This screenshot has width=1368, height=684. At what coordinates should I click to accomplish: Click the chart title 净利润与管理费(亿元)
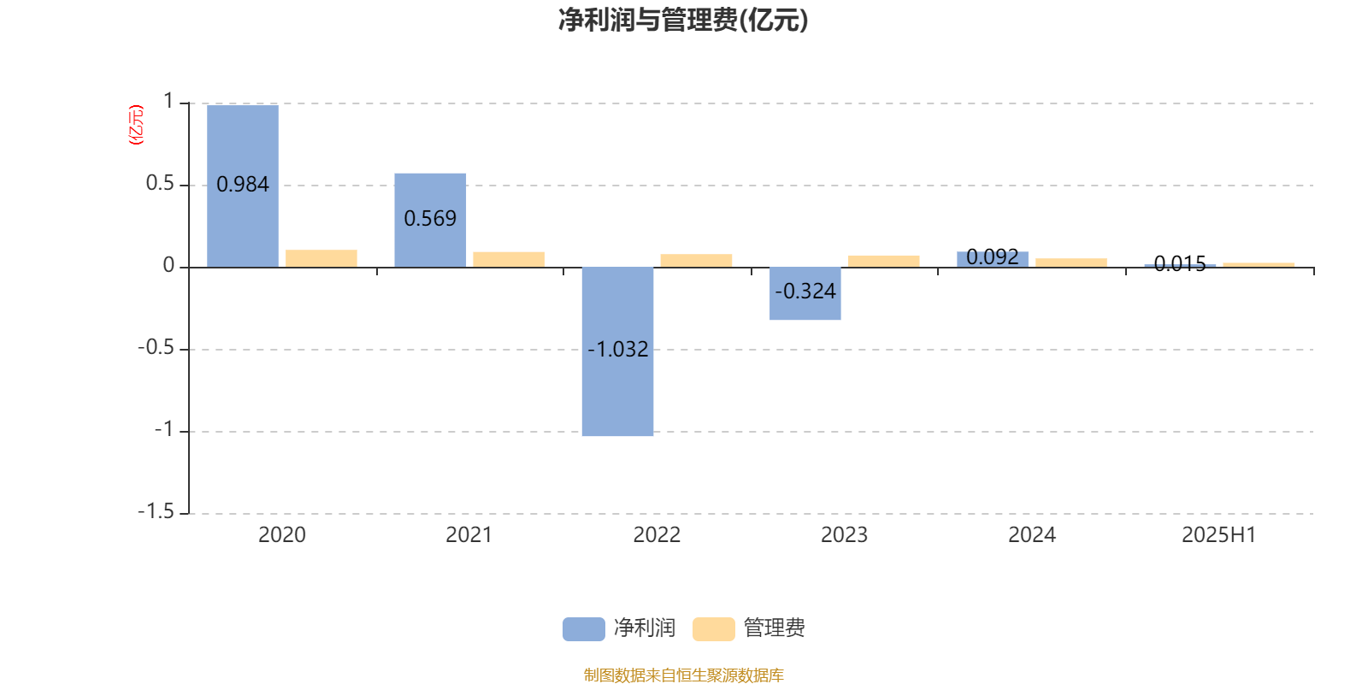(x=683, y=21)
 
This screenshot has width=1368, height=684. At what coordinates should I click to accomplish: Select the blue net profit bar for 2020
(x=243, y=186)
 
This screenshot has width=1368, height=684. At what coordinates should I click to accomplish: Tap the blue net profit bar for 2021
(x=430, y=221)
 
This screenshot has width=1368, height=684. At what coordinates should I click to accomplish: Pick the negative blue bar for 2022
(x=617, y=351)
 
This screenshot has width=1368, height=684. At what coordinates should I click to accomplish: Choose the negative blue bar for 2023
(x=805, y=294)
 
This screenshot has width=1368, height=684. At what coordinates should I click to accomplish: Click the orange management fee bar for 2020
(x=321, y=258)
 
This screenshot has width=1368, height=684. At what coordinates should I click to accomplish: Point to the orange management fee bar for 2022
(x=696, y=261)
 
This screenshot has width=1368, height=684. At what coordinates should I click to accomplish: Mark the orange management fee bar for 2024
(x=1071, y=263)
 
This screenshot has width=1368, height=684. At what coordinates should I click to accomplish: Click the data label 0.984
(x=243, y=185)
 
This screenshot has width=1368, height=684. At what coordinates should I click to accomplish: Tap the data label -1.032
(x=617, y=350)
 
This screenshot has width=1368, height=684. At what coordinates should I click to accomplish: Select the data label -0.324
(x=805, y=292)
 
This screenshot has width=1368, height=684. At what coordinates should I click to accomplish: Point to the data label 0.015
(x=1180, y=264)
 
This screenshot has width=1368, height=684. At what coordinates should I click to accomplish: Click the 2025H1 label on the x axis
(x=1219, y=535)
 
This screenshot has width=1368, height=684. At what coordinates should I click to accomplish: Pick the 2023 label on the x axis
(x=844, y=535)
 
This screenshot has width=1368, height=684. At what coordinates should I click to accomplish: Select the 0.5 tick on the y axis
(x=160, y=183)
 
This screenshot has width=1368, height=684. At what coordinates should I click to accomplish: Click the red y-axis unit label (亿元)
(x=136, y=125)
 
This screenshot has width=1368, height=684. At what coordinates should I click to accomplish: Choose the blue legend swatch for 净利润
(x=584, y=629)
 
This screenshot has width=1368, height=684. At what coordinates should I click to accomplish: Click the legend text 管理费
(x=774, y=628)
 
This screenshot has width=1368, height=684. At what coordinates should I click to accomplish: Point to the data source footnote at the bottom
(x=683, y=675)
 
